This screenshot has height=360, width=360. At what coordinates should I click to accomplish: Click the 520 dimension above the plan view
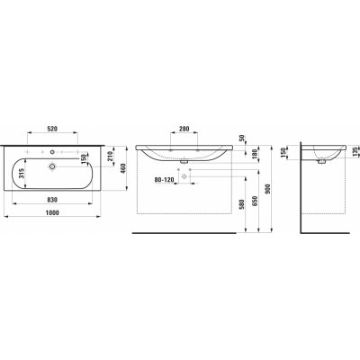point(55,129)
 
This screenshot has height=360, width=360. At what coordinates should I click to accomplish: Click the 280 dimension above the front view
point(186,130)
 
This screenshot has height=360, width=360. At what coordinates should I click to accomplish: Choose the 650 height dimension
point(256,202)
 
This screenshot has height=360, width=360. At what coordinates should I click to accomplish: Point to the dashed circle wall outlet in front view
point(185,178)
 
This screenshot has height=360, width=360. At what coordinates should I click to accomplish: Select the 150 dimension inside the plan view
point(86,159)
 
